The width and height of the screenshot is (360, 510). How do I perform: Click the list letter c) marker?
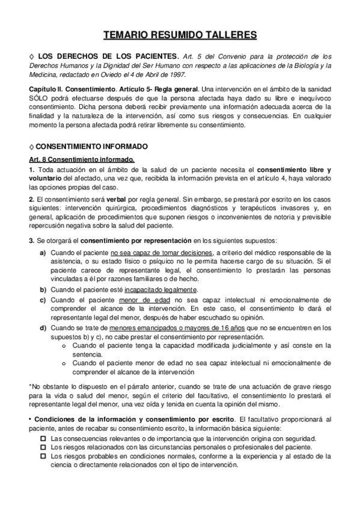43,298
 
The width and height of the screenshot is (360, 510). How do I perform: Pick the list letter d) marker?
43,327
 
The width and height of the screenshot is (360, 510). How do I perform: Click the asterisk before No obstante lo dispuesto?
30,386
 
